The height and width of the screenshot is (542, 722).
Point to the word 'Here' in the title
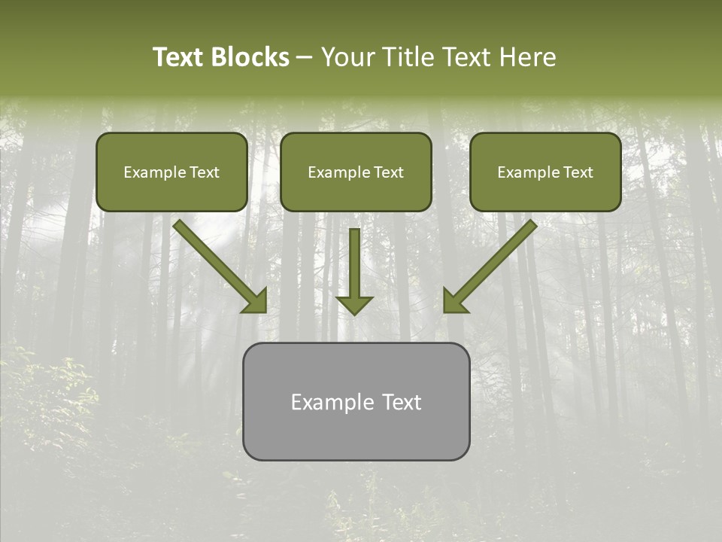529,57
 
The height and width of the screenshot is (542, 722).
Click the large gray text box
356,433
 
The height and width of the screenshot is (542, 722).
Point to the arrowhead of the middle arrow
354,305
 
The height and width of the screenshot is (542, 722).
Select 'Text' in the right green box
578,172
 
